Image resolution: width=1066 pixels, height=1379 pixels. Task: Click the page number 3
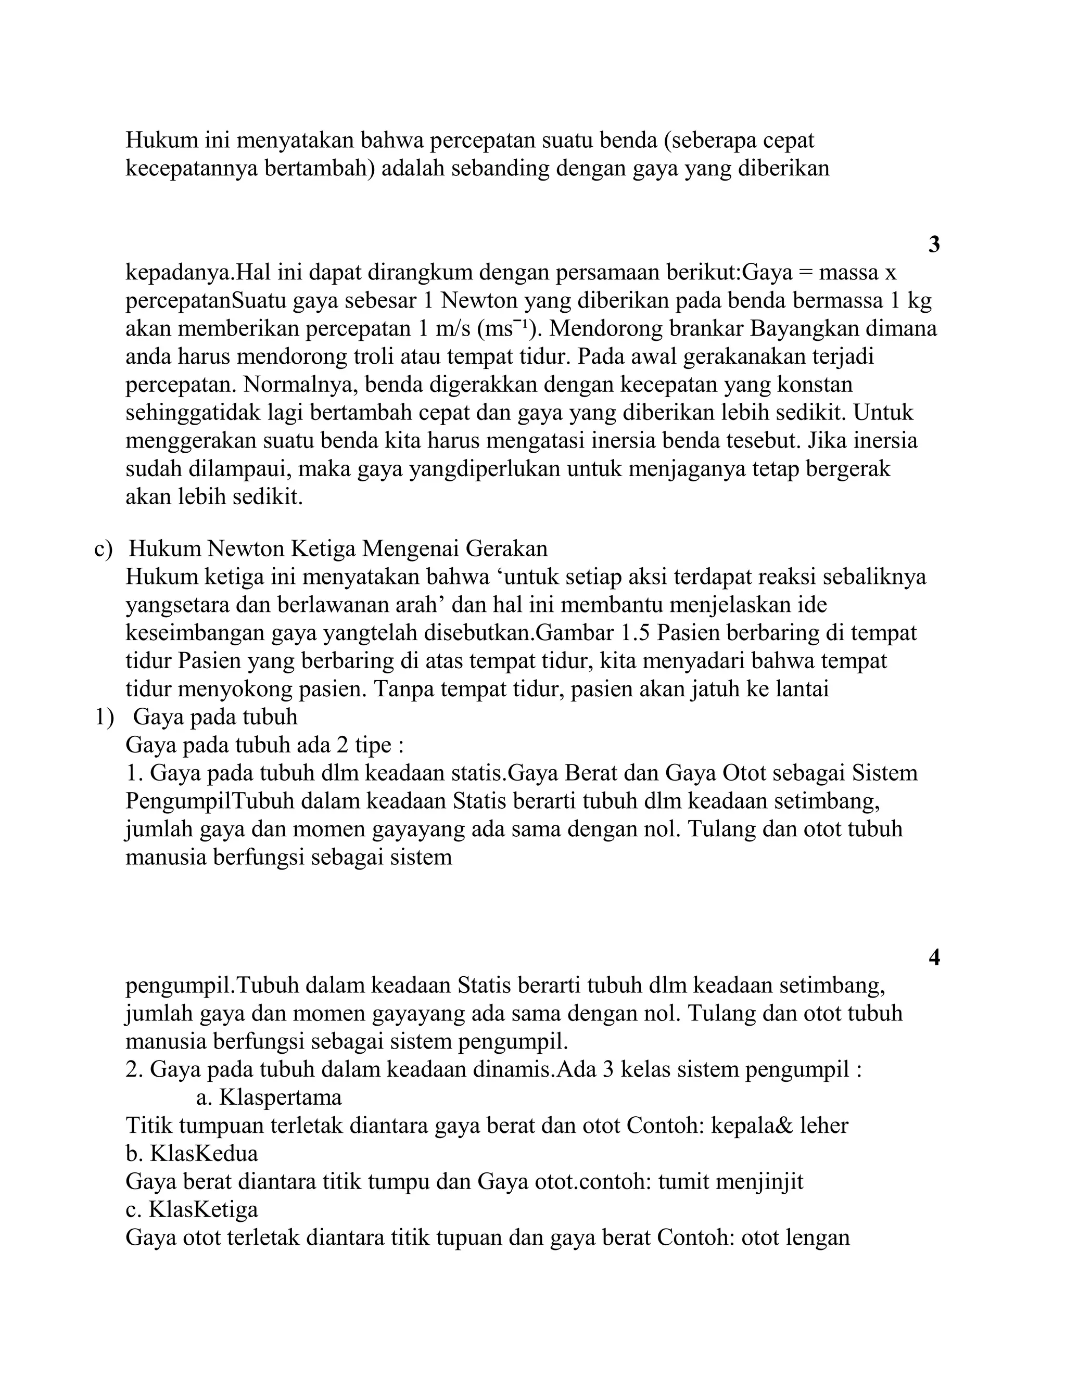tap(934, 245)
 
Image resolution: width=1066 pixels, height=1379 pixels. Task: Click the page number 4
tap(934, 958)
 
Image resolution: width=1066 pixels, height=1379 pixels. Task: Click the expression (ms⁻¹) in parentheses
tap(506, 328)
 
